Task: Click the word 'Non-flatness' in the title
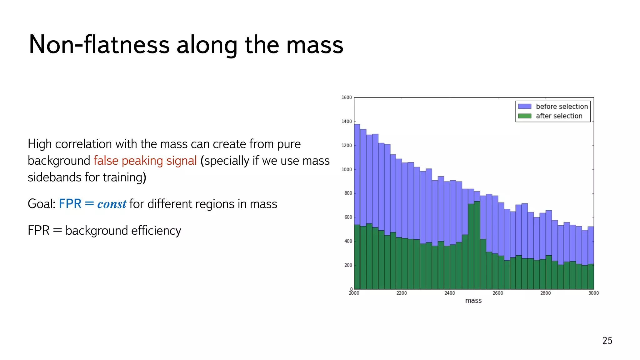point(99,45)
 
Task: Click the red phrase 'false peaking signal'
point(145,161)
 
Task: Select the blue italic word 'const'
point(112,204)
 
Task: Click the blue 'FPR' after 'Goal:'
point(70,204)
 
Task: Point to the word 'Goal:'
point(42,204)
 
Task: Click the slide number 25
point(607,341)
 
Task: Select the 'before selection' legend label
point(562,107)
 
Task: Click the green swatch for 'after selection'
point(524,116)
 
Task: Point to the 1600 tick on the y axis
point(347,97)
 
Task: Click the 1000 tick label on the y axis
point(347,169)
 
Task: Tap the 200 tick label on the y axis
point(348,265)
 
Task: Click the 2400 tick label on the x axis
point(450,293)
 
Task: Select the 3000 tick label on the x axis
point(593,293)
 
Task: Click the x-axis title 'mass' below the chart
point(473,301)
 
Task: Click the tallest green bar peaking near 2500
point(477,247)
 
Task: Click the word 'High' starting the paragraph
point(39,144)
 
